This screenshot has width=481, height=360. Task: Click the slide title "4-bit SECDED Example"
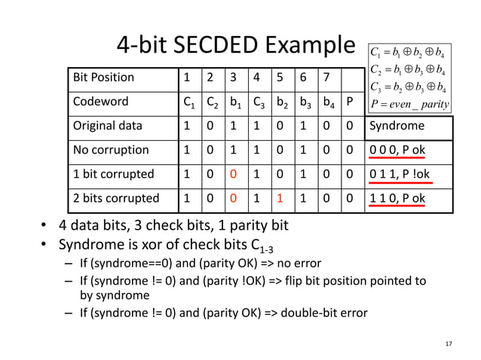(234, 46)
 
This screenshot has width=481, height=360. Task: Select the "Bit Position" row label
(103, 77)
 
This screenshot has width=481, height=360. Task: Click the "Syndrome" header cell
(397, 126)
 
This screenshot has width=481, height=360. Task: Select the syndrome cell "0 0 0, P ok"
(397, 150)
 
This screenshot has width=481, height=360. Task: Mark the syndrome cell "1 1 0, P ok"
(397, 199)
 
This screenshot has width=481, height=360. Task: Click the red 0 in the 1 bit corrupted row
(234, 174)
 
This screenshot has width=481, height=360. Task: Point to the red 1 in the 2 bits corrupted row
(279, 199)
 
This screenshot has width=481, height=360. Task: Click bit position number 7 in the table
(325, 77)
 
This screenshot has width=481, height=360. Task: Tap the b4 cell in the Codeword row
(326, 101)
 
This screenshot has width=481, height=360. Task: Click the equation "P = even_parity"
(407, 103)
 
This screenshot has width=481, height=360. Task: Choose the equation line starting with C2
(407, 70)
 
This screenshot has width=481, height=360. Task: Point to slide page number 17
(449, 344)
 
